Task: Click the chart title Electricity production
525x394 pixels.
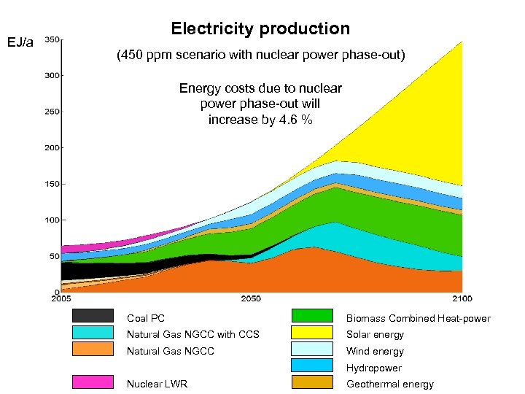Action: coord(260,29)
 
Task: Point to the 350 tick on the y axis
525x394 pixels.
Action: coord(52,39)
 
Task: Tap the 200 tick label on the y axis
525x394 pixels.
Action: coord(52,147)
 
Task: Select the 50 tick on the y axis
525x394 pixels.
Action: coord(54,256)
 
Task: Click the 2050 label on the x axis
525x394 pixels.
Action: coord(250,299)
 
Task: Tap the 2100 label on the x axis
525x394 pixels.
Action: coord(461,299)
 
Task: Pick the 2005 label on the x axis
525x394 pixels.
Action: coord(62,299)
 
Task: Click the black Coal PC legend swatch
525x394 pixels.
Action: coord(93,316)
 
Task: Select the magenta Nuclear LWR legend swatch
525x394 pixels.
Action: coord(93,382)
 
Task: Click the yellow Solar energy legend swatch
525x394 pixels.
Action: coord(312,333)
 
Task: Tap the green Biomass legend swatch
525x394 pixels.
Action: coord(312,316)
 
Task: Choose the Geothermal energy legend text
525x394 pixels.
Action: coord(389,385)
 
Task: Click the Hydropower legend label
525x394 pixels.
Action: coord(373,368)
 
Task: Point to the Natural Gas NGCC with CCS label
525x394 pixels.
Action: coord(192,335)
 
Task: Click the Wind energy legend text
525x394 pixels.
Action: coord(375,352)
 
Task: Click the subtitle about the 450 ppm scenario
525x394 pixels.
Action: coord(260,55)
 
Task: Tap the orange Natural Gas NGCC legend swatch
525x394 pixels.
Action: coord(93,349)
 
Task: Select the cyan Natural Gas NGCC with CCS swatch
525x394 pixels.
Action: coord(93,333)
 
